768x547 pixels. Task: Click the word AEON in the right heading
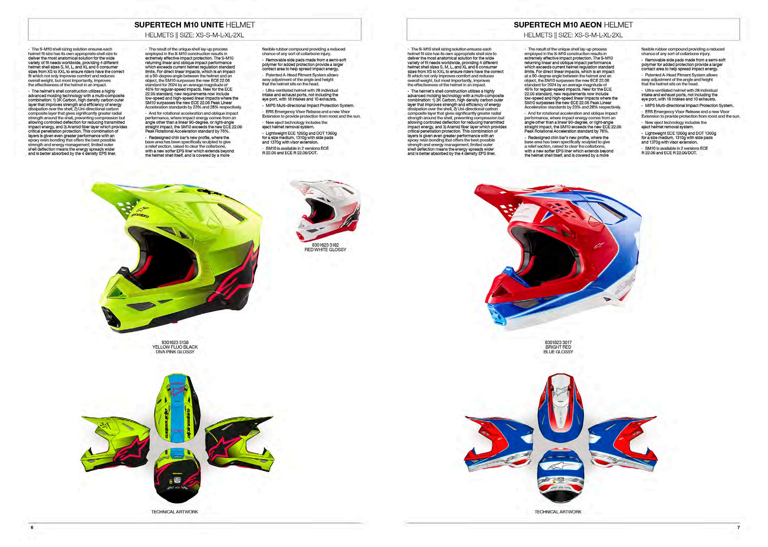click(x=590, y=25)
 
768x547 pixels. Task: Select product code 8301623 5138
click(x=175, y=343)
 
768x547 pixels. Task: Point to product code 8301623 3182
click(x=325, y=245)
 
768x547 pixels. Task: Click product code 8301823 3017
click(x=558, y=343)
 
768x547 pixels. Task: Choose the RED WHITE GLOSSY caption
click(x=325, y=250)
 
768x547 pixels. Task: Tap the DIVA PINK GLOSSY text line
click(x=175, y=352)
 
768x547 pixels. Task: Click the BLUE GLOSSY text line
click(x=558, y=352)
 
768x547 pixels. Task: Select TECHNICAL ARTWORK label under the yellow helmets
click(x=174, y=512)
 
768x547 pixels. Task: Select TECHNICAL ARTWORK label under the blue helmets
click(x=558, y=512)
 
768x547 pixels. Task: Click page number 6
click(x=32, y=527)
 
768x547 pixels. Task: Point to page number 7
click(x=738, y=527)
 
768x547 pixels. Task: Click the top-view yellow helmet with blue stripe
click(x=177, y=409)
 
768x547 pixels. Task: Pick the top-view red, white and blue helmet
click(x=559, y=406)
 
